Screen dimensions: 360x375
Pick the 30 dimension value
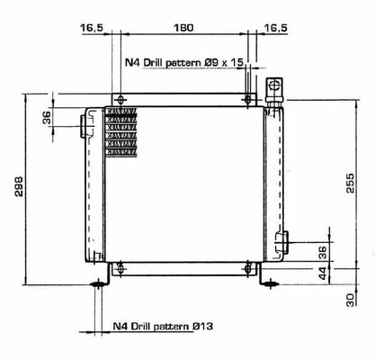point(350,298)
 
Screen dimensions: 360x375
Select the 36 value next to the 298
point(46,117)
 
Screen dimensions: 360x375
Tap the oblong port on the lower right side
point(281,241)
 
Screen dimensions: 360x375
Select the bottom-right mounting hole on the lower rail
point(249,267)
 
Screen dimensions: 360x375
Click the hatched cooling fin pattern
point(121,130)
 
